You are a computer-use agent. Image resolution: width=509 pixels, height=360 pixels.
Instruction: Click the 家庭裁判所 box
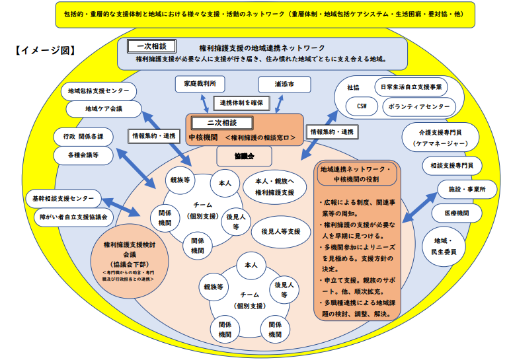(x=200, y=84)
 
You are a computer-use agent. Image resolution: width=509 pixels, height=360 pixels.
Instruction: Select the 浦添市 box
(x=284, y=84)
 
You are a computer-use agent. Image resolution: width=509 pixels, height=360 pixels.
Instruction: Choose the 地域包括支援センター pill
(x=102, y=90)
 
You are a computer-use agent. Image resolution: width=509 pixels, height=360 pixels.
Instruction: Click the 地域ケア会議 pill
(x=103, y=108)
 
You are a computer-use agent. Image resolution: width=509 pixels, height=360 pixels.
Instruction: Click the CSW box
(x=361, y=106)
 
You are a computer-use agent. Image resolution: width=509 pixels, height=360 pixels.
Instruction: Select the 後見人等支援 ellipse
(x=281, y=231)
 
